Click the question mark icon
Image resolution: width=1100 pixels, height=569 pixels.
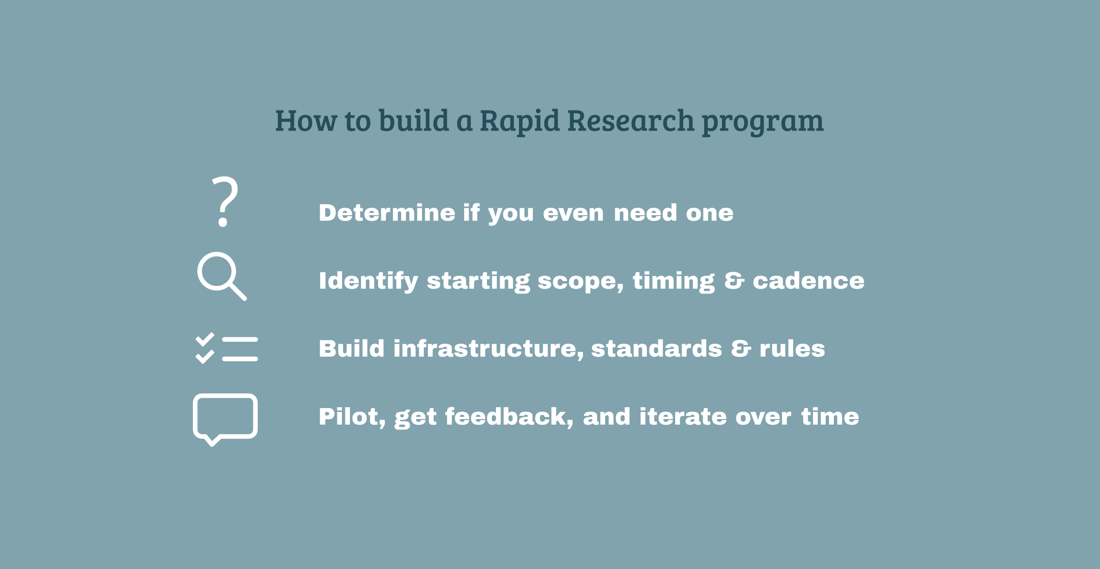tap(225, 201)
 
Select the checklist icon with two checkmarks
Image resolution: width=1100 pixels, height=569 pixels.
tap(226, 349)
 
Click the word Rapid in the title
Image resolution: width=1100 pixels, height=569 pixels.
tap(519, 121)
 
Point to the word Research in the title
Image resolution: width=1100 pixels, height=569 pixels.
tap(631, 121)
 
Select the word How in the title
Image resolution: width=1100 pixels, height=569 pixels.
tap(306, 121)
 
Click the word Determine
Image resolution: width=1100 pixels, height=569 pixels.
tap(387, 213)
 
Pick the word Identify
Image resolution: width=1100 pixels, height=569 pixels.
tap(368, 281)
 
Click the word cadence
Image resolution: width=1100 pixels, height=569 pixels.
tap(808, 281)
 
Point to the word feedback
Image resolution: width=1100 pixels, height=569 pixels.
tap(509, 417)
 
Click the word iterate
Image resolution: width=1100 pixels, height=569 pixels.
tap(682, 417)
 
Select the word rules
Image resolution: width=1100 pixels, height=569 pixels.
tap(792, 349)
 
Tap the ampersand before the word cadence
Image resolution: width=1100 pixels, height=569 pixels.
tap(734, 281)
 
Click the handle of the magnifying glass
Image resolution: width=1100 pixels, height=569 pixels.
tap(238, 292)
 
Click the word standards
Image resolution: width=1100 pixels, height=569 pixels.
tap(656, 349)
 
